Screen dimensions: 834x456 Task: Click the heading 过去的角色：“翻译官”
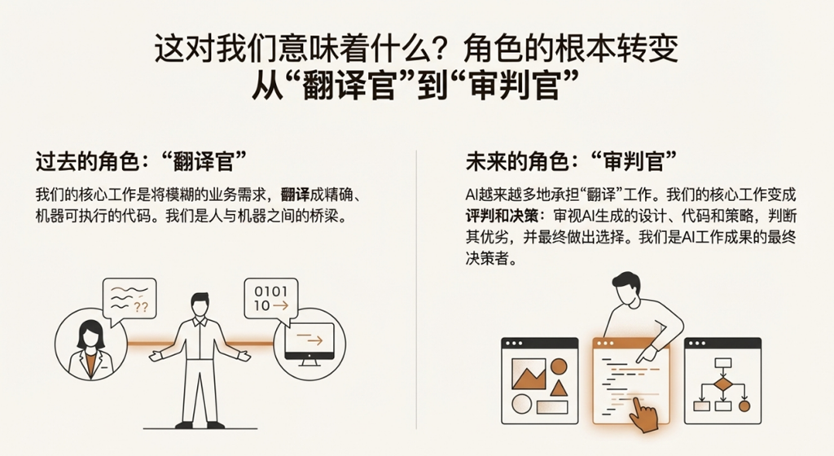142,161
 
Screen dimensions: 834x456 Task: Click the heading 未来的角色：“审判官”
571,161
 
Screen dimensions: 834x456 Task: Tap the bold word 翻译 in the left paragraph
295,195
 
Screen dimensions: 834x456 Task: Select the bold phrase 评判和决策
501,217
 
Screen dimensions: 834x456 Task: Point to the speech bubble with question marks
129,300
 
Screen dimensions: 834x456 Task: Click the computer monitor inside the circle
309,344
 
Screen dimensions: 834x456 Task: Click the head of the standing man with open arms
200,305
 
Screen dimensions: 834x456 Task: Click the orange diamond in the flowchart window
722,384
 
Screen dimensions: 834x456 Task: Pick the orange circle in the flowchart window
744,406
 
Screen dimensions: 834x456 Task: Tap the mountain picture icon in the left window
528,374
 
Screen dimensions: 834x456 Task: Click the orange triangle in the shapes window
557,388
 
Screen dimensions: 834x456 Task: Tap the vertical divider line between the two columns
416,290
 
